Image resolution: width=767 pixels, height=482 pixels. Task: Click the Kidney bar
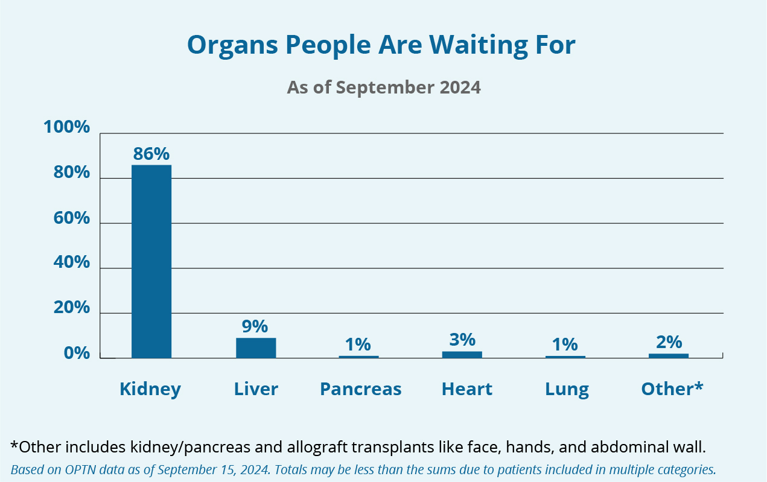(151, 261)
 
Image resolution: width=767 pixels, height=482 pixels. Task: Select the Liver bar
(256, 348)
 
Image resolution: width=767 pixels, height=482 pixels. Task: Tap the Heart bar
(462, 355)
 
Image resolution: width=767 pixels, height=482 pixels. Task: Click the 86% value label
(151, 154)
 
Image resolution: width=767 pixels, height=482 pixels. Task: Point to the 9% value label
(255, 326)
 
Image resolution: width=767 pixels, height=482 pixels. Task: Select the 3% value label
(462, 340)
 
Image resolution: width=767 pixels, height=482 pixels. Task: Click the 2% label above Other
(669, 342)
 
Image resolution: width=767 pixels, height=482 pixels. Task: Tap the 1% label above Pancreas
(358, 344)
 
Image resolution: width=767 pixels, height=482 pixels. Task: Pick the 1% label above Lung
(565, 344)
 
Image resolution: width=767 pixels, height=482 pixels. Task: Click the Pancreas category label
(360, 389)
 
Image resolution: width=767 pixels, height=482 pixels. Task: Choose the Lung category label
(567, 390)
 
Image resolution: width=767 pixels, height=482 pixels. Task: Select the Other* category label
(672, 388)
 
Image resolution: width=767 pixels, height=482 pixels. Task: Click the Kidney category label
(150, 390)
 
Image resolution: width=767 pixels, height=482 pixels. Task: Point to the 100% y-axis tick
(67, 128)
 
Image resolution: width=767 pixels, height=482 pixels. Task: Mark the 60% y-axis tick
(71, 218)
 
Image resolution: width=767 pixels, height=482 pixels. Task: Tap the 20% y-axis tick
(71, 308)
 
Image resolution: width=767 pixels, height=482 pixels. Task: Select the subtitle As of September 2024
(384, 87)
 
